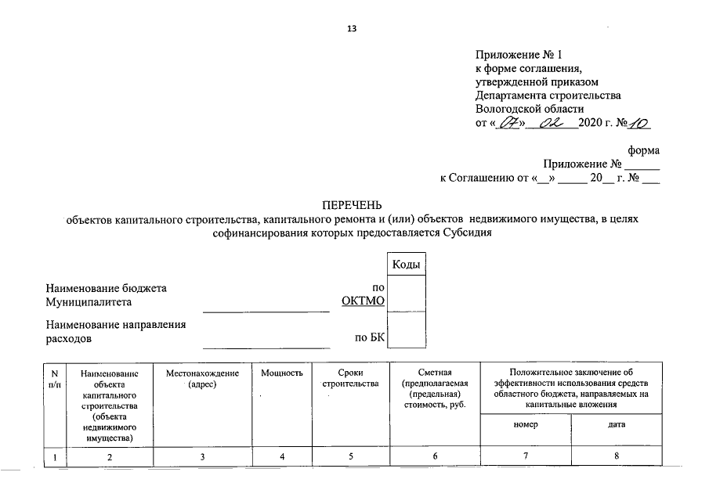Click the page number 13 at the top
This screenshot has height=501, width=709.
click(x=352, y=30)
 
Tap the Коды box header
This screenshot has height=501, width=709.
click(x=407, y=265)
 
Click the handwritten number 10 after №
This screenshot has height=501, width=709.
click(x=640, y=124)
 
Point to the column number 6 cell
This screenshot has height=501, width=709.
click(x=433, y=456)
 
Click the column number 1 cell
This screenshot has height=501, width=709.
click(x=55, y=456)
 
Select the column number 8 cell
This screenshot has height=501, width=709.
click(x=616, y=456)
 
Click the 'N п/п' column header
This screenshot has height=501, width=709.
click(x=55, y=379)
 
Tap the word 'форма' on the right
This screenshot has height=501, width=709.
click(x=644, y=150)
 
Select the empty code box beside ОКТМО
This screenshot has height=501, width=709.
click(x=407, y=294)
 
